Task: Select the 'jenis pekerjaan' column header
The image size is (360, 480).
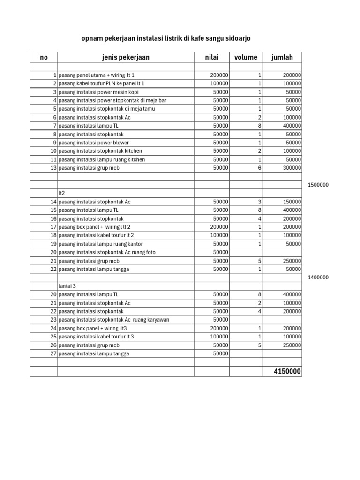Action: pyautogui.click(x=126, y=58)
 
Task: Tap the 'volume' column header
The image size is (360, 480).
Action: pyautogui.click(x=246, y=58)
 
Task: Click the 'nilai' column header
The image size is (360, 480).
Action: pyautogui.click(x=211, y=58)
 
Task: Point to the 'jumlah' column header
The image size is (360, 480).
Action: pyautogui.click(x=282, y=58)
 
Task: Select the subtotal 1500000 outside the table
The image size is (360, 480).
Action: pyautogui.click(x=318, y=185)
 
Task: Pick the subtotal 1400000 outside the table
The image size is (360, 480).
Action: pyautogui.click(x=318, y=277)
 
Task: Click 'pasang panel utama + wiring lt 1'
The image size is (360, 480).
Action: pyautogui.click(x=97, y=75)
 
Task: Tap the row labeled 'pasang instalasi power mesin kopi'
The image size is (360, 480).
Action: pyautogui.click(x=98, y=92)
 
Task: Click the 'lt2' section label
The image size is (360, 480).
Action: pyautogui.click(x=61, y=193)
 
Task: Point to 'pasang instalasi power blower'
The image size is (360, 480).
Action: pyautogui.click(x=94, y=142)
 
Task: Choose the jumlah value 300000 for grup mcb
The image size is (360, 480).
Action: pyautogui.click(x=292, y=168)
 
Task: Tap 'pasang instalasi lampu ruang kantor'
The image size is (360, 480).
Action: pyautogui.click(x=101, y=244)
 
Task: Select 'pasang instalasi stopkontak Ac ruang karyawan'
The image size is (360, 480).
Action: pyautogui.click(x=114, y=320)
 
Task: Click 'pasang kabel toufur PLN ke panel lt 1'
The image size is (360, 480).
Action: pyautogui.click(x=102, y=83)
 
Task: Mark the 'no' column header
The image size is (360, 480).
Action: pyautogui.click(x=44, y=58)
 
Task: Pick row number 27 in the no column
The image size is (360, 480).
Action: pyautogui.click(x=53, y=353)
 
